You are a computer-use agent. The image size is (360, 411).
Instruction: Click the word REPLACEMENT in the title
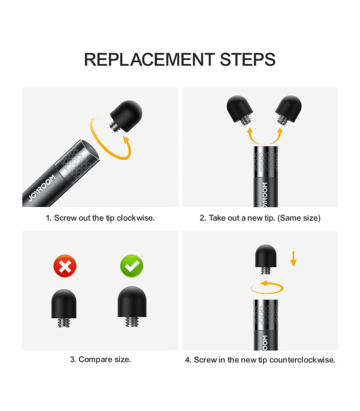(x=150, y=60)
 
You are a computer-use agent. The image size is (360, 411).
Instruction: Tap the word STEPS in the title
(x=248, y=60)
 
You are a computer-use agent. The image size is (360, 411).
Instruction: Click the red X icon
(x=65, y=266)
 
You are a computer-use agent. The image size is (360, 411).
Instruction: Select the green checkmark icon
(x=132, y=266)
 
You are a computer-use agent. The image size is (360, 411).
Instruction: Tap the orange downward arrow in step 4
(x=293, y=259)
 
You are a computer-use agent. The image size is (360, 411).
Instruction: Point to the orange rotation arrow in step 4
(x=267, y=288)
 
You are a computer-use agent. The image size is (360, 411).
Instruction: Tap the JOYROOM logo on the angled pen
(x=42, y=188)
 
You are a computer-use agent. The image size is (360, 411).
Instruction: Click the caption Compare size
(x=100, y=359)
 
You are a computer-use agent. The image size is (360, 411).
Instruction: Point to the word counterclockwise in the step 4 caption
(x=302, y=360)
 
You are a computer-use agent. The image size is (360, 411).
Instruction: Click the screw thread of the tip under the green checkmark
(x=132, y=322)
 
